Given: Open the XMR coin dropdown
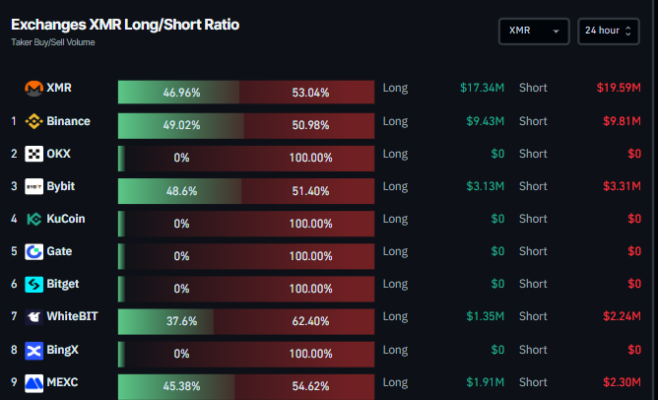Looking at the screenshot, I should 534,32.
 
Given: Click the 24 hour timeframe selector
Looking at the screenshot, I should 607,32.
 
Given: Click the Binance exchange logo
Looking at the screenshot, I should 34,122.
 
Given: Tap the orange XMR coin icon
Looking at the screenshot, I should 34,89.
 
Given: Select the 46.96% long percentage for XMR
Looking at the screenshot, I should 182,93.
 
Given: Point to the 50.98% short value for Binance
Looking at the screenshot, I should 311,125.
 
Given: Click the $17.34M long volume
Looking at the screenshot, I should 482,89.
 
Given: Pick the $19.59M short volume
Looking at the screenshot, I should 619,89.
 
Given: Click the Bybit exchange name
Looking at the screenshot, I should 60,186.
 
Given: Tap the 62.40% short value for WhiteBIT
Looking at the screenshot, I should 311,320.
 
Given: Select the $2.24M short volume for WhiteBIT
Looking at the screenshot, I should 622,316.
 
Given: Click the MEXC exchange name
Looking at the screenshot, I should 62,381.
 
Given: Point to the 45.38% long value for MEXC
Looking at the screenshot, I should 182,385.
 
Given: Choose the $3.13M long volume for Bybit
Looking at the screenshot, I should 485,186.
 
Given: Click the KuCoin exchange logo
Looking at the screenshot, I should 34,220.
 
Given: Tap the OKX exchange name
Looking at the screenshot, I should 58,154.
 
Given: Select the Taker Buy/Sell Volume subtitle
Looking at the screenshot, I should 53,42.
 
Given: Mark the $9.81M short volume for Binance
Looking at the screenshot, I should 622,121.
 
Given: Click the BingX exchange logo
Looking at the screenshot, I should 34,350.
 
